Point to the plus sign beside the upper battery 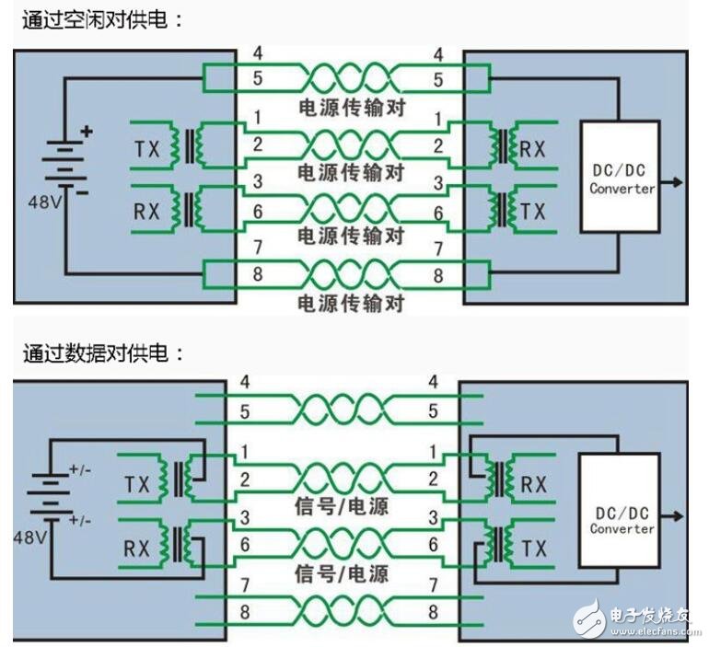[x=87, y=131]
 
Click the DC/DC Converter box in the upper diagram [x=622, y=177]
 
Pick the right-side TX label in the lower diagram [x=532, y=549]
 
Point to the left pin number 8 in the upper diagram [x=257, y=274]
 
